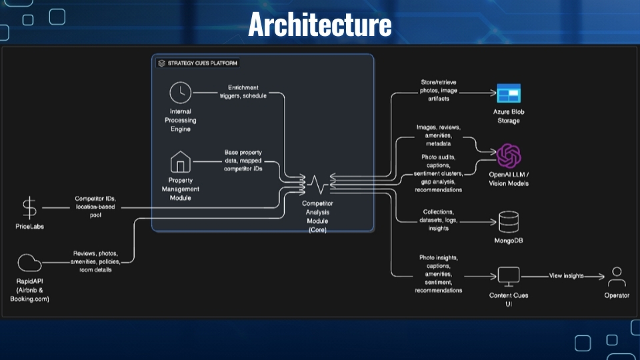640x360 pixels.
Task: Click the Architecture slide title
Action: click(x=319, y=25)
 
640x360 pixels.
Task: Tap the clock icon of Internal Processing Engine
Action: click(x=180, y=93)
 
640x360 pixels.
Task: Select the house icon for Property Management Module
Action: click(x=180, y=162)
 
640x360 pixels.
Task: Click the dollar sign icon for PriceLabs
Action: click(x=29, y=208)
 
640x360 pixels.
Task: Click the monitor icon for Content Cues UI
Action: click(x=509, y=275)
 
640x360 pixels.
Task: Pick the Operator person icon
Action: click(x=617, y=275)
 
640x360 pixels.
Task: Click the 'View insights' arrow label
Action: click(x=566, y=275)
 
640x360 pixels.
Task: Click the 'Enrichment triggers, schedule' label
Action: click(x=243, y=91)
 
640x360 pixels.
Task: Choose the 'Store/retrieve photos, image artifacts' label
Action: click(x=439, y=90)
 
